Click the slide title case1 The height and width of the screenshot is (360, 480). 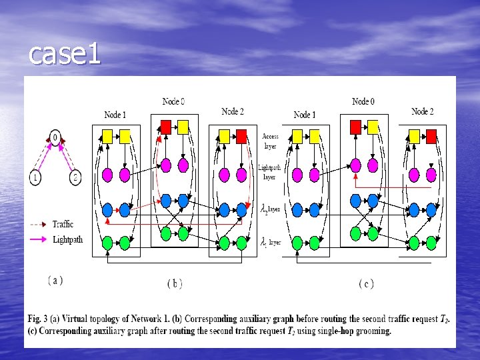point(64,55)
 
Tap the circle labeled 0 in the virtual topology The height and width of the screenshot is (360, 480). point(56,139)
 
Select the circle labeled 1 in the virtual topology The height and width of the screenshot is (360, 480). point(35,178)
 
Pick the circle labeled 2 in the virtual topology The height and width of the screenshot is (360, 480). point(75,178)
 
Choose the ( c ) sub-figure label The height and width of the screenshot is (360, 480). point(366,284)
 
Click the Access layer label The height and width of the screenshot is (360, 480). point(270,141)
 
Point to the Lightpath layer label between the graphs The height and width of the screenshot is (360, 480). point(269,173)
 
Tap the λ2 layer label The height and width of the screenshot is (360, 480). point(270,209)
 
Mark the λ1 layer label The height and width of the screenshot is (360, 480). point(270,243)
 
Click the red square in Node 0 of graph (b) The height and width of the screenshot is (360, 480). point(165,126)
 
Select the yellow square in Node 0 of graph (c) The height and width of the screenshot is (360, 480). point(373,126)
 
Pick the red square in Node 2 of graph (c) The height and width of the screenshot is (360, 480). point(431,136)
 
